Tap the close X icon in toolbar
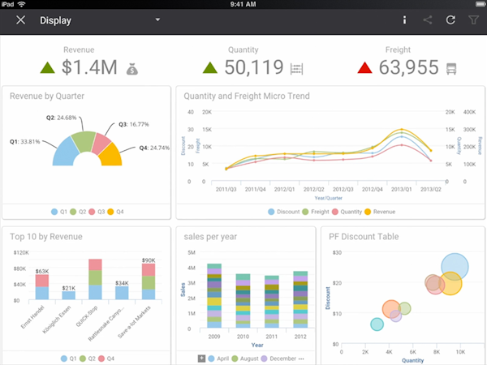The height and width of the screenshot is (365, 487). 21,19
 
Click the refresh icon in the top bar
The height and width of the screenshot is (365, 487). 450,19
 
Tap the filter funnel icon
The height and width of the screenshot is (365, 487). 473,19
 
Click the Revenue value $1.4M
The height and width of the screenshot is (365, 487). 90,67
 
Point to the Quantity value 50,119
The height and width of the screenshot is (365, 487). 254,67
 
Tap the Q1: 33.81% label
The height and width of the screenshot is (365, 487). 25,141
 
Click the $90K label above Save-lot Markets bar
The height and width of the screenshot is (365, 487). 148,260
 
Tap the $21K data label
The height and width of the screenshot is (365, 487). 69,288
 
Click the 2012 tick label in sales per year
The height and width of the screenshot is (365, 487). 300,334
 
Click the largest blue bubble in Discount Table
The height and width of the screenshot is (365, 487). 456,265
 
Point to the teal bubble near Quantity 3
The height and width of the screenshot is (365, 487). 377,324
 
